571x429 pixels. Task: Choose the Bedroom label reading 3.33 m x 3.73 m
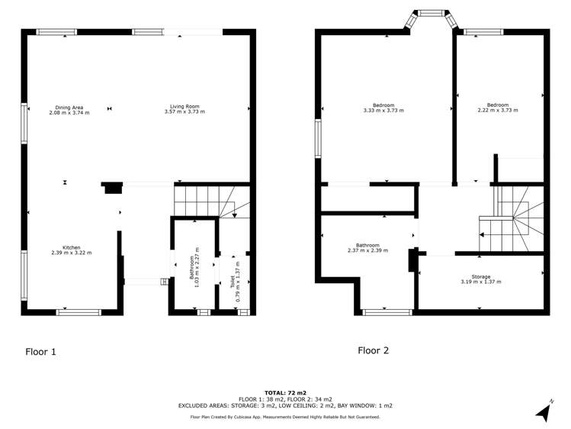click(383, 108)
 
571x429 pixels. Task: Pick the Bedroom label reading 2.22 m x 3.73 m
click(498, 108)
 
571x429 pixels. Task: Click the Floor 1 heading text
click(40, 352)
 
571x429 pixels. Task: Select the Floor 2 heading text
click(374, 350)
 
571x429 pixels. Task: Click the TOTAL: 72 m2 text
click(285, 392)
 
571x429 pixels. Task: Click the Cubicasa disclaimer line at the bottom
click(285, 417)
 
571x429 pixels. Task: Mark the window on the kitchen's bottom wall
click(79, 311)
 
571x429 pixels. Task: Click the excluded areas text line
click(285, 405)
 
